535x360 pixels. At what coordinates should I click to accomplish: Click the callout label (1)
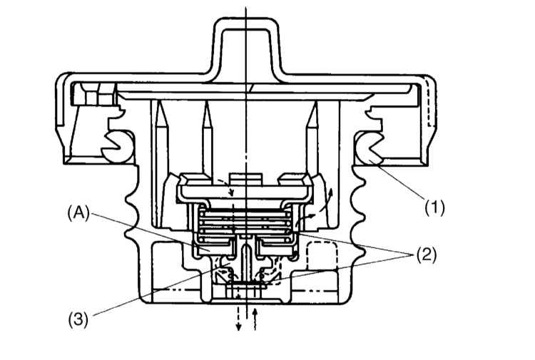(434, 207)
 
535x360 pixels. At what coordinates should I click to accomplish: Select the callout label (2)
(426, 254)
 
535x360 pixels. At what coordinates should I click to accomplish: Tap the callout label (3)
(78, 320)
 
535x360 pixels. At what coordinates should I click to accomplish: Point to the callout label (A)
(78, 214)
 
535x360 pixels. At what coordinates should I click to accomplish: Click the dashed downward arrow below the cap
(238, 318)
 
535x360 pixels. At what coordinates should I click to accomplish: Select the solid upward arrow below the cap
(254, 318)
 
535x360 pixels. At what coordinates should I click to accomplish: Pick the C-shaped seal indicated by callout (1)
(370, 147)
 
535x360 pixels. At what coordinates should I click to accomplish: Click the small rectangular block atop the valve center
(246, 179)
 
